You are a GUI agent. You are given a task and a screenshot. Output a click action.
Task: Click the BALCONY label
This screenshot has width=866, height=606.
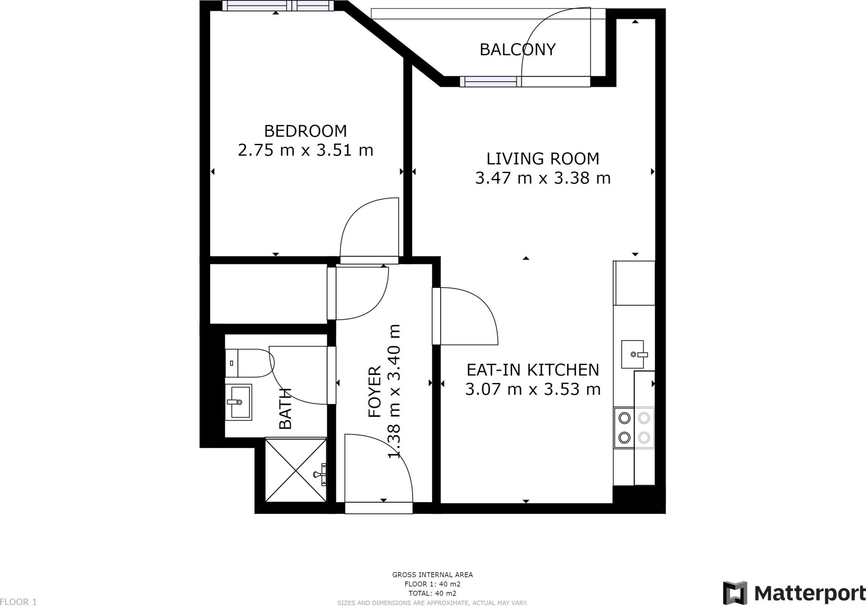pos(517,50)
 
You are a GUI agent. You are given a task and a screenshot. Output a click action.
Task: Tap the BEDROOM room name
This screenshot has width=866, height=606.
pos(305,131)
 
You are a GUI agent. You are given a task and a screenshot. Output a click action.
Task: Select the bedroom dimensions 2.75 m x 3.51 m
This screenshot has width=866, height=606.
pos(305,150)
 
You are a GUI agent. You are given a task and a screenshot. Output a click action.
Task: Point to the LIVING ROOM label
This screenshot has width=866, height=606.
pos(543,159)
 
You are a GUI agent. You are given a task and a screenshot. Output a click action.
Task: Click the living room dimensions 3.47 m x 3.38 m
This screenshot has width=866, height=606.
pos(543,178)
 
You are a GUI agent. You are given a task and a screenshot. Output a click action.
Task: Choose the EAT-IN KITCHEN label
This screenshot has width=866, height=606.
pos(533,370)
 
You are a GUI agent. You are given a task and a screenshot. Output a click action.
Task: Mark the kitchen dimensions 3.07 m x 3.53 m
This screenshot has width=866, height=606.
pos(533,389)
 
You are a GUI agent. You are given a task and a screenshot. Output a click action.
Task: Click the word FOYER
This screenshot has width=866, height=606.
pos(375,392)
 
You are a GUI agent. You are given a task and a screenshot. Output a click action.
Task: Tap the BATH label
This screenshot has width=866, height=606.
pos(285,408)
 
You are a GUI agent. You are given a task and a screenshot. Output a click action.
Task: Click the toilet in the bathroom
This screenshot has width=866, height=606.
pos(249,363)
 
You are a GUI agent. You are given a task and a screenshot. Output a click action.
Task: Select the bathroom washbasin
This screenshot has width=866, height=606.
pos(238,402)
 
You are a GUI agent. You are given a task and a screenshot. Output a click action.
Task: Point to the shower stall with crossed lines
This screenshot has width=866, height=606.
pos(296,470)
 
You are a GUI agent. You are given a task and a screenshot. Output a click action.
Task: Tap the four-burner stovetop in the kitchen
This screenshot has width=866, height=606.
pos(634,427)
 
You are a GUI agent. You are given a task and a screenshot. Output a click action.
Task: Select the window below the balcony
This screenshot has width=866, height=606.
pos(491,81)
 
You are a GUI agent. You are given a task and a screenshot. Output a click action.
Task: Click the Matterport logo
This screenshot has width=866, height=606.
pos(794,593)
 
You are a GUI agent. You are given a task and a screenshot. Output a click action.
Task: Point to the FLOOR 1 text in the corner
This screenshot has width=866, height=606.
pos(19,601)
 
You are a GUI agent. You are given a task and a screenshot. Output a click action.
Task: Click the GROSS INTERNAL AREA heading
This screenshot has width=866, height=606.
pos(433,575)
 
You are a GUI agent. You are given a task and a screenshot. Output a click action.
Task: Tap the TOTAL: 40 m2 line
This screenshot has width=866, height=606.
pos(433,593)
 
